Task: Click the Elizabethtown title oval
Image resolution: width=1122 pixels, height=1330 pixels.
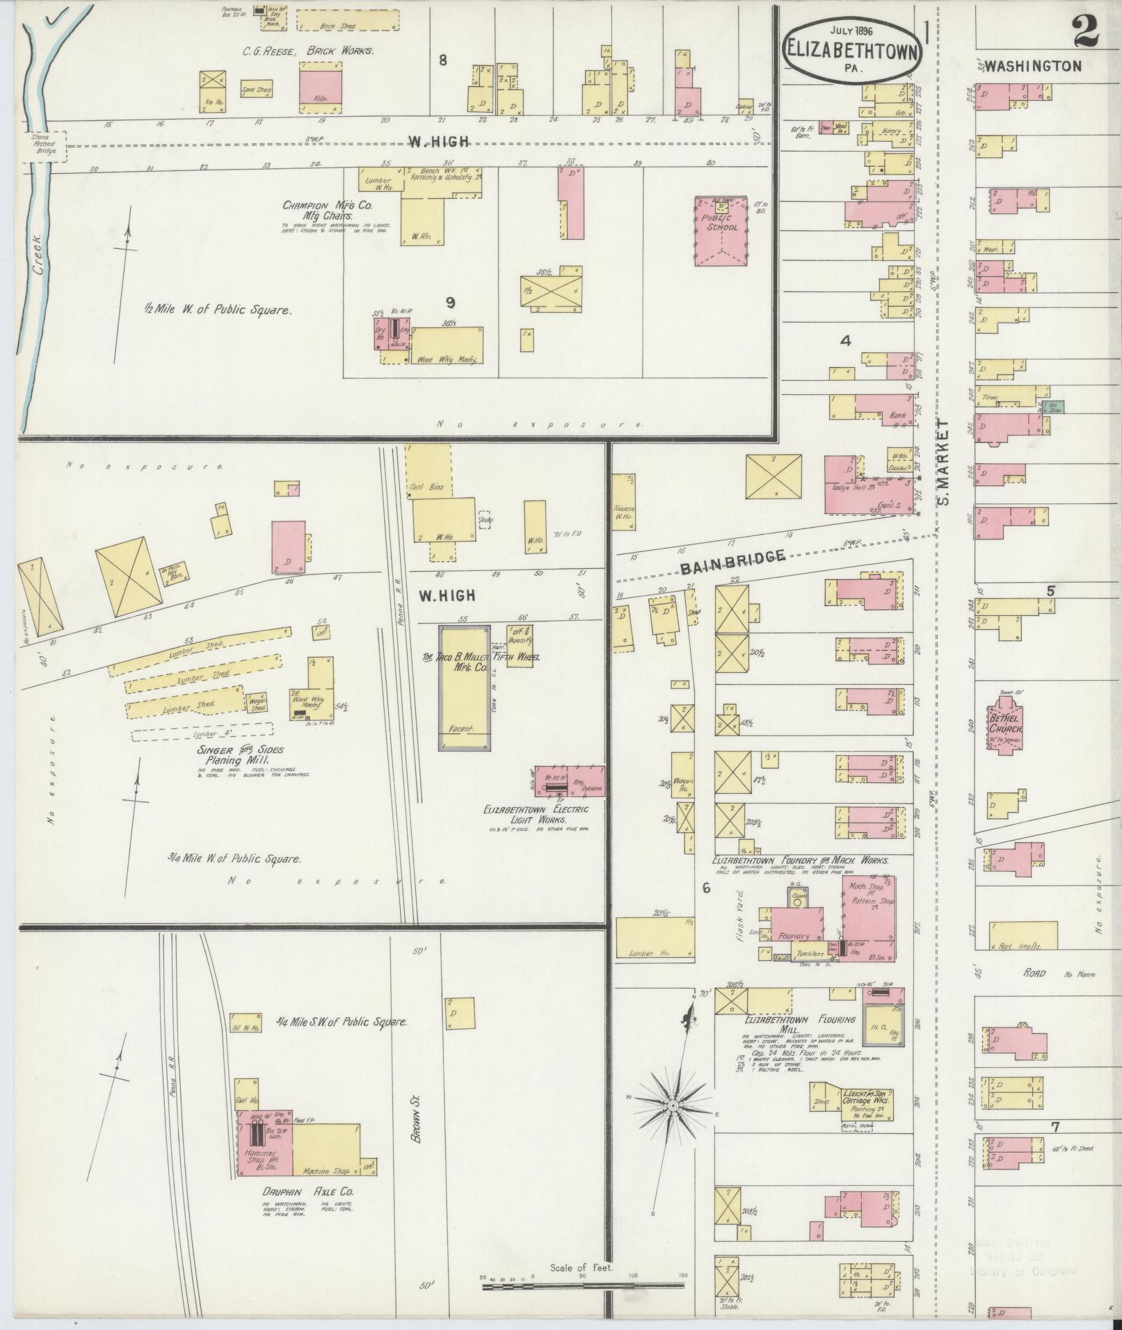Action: pyautogui.click(x=854, y=48)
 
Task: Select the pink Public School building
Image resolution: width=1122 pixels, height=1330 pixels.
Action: pyautogui.click(x=721, y=229)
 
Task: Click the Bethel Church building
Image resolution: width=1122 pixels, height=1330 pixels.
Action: pyautogui.click(x=1006, y=725)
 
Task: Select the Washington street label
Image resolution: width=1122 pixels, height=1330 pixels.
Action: pyautogui.click(x=1033, y=67)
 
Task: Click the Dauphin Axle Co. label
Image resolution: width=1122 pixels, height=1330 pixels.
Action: pyautogui.click(x=307, y=1191)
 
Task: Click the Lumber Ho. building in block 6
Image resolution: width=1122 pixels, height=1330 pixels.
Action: pyautogui.click(x=654, y=938)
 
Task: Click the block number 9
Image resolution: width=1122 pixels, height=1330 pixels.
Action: pyautogui.click(x=451, y=302)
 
